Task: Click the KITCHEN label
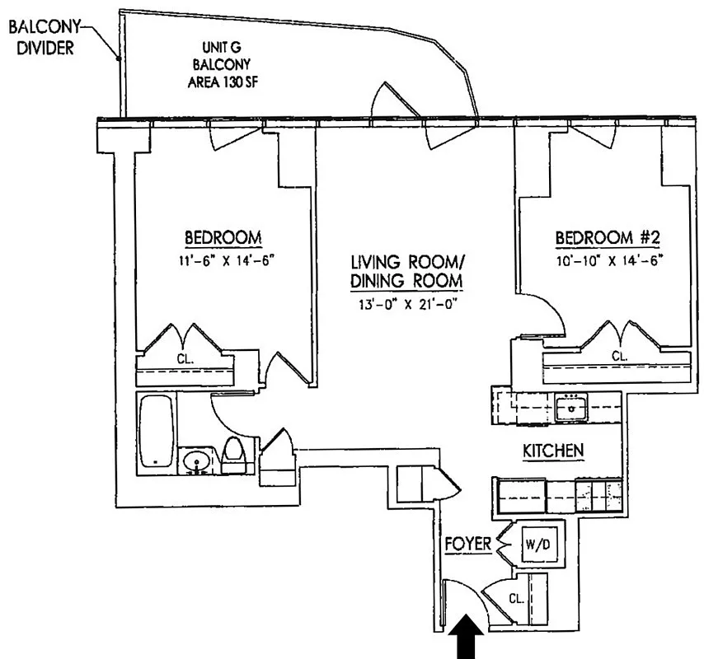point(554,451)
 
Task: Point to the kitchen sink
point(569,405)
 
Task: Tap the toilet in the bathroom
point(234,455)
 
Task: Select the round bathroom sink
point(196,462)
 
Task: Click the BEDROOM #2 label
point(608,238)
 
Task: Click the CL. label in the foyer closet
point(517,600)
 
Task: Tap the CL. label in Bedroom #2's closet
point(619,356)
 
